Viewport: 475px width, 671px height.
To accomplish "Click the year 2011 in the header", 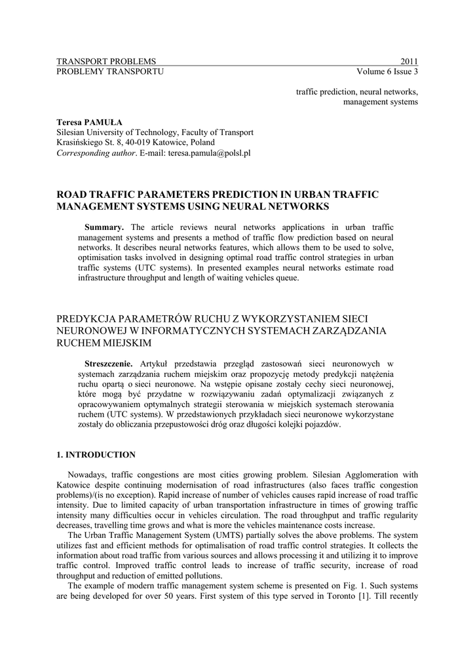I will (409, 61).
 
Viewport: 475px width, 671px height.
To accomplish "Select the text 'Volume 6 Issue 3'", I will (387, 71).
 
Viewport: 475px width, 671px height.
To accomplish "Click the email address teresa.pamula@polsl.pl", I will (210, 153).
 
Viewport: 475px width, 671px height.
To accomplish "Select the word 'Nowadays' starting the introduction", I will (86, 474).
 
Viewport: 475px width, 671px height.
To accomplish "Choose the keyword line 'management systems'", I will (381, 102).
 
